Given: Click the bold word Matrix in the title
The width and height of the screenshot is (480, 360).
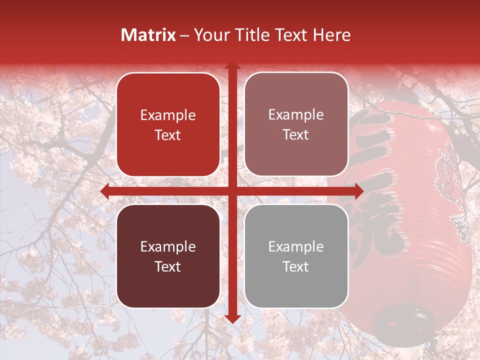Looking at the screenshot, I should coord(148,35).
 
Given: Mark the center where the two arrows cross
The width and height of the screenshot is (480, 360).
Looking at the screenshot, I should coord(232,191).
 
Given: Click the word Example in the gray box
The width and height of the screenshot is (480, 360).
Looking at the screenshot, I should coord(296,246).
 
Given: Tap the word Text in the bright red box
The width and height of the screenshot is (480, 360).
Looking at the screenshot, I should coord(168,135).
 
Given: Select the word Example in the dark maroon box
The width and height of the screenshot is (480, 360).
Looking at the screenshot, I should coord(168,246).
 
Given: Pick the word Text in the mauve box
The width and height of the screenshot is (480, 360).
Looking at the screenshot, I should coord(296,135).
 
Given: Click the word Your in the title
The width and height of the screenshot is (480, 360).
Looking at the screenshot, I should coord(210,35).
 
